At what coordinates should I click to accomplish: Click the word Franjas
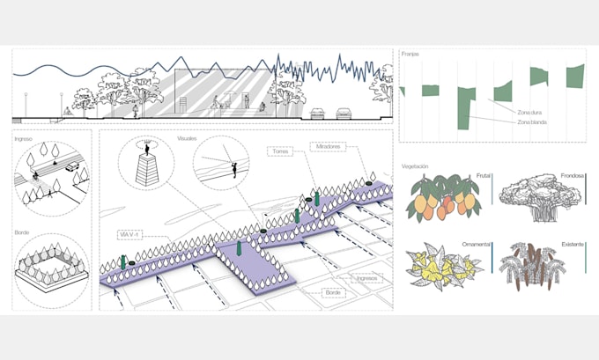pyautogui.click(x=410, y=55)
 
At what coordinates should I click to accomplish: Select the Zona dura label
pyautogui.click(x=529, y=111)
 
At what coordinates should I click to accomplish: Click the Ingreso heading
pyautogui.click(x=24, y=139)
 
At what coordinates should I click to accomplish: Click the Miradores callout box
pyautogui.click(x=328, y=145)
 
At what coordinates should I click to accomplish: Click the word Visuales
pyautogui.click(x=187, y=139)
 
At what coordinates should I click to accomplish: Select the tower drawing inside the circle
pyautogui.click(x=144, y=164)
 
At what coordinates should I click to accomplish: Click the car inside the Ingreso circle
pyautogui.click(x=71, y=166)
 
